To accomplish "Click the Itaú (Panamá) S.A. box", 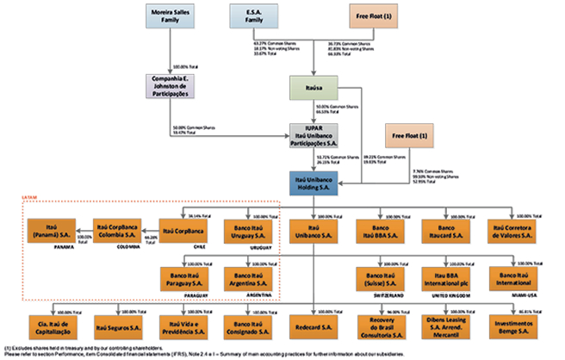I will (44, 231).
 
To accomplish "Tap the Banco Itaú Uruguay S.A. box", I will (251, 231).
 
